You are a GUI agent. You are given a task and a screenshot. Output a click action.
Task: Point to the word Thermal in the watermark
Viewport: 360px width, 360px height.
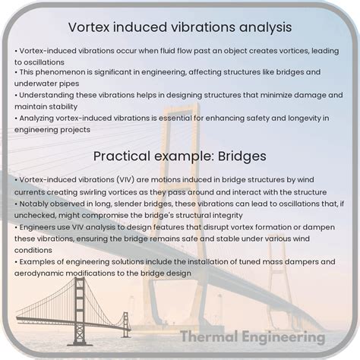[209, 336]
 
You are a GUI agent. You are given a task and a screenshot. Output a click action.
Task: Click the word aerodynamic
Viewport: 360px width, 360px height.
[47, 273]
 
